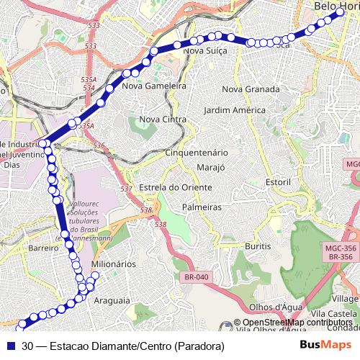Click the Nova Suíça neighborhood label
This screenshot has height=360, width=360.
click(x=206, y=51)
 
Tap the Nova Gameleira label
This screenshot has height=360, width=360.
click(x=155, y=86)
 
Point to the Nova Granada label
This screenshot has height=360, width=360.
click(x=251, y=89)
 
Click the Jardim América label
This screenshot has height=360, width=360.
click(x=235, y=110)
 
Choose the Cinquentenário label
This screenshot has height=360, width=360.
click(x=197, y=153)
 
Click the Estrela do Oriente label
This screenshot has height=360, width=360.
click(x=176, y=187)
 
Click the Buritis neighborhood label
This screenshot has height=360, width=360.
click(x=258, y=246)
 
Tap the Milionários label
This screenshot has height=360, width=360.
click(x=114, y=264)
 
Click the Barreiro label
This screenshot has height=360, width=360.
click(x=43, y=247)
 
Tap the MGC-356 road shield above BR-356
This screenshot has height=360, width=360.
click(x=340, y=247)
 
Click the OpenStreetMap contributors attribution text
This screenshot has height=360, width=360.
click(x=297, y=323)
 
